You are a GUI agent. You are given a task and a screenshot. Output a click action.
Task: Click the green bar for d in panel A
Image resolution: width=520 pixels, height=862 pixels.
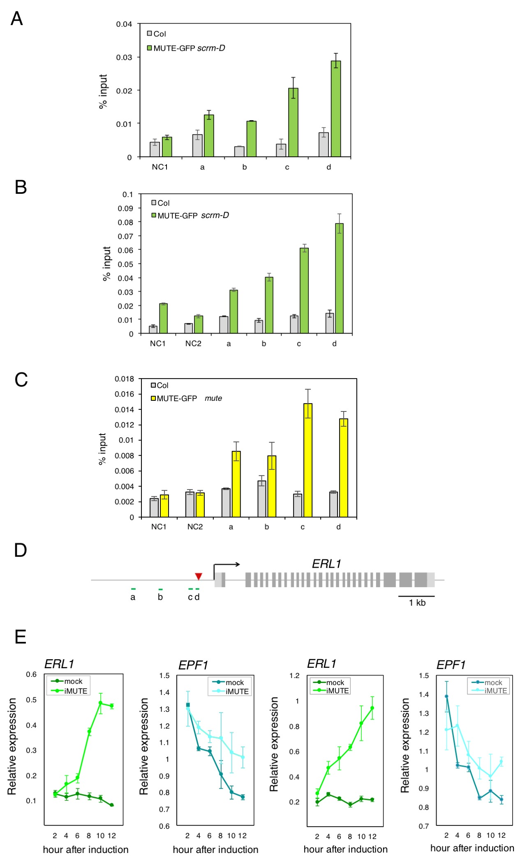tap(336, 109)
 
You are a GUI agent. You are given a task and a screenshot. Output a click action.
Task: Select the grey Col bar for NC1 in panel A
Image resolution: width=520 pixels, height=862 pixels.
tap(155, 149)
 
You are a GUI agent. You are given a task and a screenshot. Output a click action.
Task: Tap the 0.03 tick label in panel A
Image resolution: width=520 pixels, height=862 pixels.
tap(124, 57)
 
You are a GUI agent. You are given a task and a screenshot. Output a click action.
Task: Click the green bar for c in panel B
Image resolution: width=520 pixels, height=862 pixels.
tap(304, 290)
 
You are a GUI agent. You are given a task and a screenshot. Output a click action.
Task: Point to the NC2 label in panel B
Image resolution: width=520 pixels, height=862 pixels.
tap(193, 344)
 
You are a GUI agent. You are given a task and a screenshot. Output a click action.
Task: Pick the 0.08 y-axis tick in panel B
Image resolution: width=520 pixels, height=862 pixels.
tap(125, 222)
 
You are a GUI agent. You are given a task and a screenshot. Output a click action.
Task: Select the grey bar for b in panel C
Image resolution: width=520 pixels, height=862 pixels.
tap(262, 499)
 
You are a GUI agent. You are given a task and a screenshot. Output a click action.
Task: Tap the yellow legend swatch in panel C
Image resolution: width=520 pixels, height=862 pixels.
tap(153, 398)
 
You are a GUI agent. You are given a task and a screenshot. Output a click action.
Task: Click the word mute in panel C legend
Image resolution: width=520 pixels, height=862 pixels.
tap(213, 398)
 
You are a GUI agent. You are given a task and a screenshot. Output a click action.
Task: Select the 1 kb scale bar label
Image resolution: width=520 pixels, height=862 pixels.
tap(417, 603)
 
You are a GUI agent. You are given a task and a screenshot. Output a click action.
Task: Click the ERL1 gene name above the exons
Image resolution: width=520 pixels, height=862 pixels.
tap(326, 564)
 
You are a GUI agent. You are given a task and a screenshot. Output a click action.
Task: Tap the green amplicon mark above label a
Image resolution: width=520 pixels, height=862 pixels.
tap(133, 589)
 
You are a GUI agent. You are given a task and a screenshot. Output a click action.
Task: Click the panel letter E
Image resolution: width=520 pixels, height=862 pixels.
tap(21, 637)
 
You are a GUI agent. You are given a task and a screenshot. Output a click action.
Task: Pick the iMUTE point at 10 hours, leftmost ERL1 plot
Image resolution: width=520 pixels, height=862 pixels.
tap(100, 703)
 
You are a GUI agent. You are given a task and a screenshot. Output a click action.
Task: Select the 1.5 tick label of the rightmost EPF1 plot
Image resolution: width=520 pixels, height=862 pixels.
tap(424, 676)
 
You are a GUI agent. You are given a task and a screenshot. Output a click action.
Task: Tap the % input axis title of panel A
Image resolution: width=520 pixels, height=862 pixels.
tap(103, 91)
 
